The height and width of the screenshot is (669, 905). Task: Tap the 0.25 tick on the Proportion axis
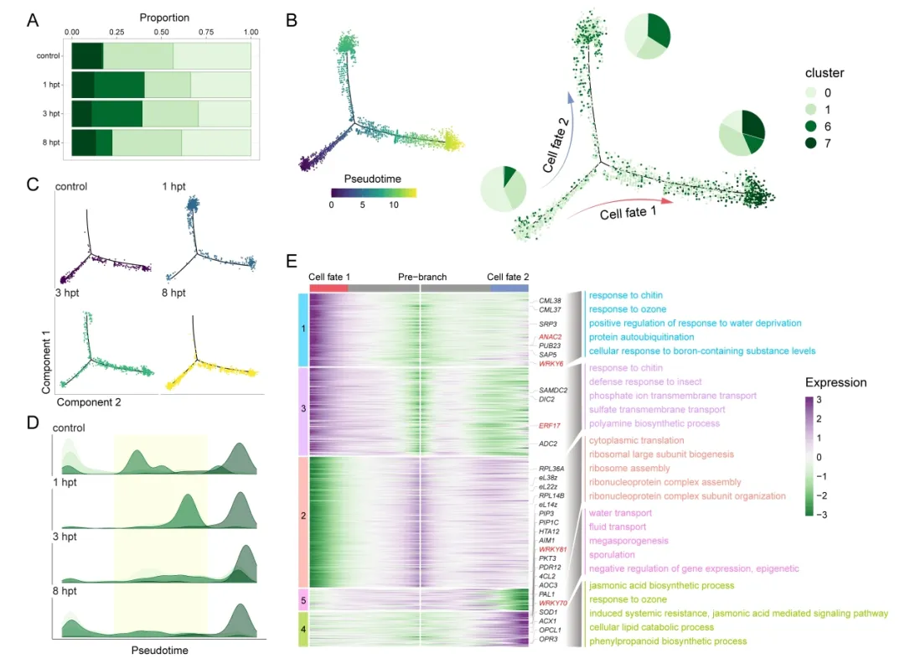[x=116, y=32]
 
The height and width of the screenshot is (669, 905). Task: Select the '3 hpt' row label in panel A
[x=52, y=113]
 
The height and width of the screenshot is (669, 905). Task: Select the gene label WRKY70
[x=554, y=604]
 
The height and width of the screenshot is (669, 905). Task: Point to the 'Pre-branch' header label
[x=421, y=277]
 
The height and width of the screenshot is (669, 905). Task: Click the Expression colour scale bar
[x=810, y=457]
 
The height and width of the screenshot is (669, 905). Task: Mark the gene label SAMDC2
[x=553, y=391]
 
